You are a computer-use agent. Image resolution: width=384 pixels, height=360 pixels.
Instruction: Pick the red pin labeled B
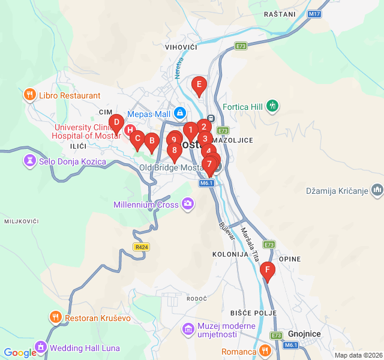pyautogui.click(x=151, y=142)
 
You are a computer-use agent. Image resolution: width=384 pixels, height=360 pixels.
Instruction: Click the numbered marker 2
pyautogui.click(x=204, y=127)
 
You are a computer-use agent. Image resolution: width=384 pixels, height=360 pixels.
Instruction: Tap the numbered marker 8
pyautogui.click(x=174, y=151)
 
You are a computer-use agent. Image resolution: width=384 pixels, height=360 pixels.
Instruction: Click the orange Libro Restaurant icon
pyautogui.click(x=29, y=95)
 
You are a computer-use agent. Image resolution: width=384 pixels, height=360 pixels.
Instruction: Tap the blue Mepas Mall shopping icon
pyautogui.click(x=180, y=113)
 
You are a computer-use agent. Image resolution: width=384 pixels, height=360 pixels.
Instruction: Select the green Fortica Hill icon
pyautogui.click(x=273, y=107)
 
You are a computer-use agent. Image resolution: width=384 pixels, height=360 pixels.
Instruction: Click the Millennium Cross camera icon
pyautogui.click(x=188, y=205)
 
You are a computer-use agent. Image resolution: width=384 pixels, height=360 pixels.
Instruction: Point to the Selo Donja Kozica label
pyautogui.click(x=72, y=161)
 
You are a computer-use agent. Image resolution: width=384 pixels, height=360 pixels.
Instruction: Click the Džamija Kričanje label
pyautogui.click(x=336, y=191)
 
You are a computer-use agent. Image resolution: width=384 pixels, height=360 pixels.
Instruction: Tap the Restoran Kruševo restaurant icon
pyautogui.click(x=55, y=317)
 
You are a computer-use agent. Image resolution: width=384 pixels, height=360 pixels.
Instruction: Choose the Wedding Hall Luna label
pyautogui.click(x=85, y=348)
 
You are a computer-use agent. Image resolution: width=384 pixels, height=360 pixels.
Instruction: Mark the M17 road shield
pyautogui.click(x=314, y=13)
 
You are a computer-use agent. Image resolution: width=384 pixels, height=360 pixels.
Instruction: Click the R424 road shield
pyautogui.click(x=141, y=247)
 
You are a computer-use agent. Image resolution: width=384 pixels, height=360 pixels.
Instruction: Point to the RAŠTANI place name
pyautogui.click(x=279, y=14)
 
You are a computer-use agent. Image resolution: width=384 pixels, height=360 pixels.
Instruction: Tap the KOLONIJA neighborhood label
pyautogui.click(x=230, y=254)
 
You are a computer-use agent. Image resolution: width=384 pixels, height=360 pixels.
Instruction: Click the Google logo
pyautogui.click(x=20, y=353)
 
